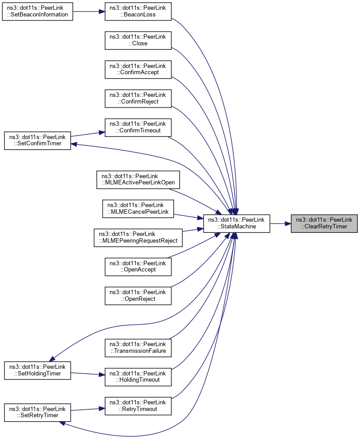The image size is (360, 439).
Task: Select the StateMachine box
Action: (x=236, y=223)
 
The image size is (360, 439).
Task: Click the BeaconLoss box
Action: (x=138, y=11)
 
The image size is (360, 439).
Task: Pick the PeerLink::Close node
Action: (x=138, y=40)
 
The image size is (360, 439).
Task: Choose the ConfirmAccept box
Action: (x=138, y=69)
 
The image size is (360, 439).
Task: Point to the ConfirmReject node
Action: (x=138, y=98)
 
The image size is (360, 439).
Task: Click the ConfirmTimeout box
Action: (x=138, y=127)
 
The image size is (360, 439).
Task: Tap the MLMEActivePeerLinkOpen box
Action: (x=138, y=180)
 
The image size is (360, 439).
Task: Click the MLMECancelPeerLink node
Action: (x=138, y=208)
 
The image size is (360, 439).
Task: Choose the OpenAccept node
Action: (x=138, y=266)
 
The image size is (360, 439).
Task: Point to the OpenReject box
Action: (x=138, y=295)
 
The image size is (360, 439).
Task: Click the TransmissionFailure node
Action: (x=138, y=347)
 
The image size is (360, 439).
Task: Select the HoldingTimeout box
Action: (x=138, y=376)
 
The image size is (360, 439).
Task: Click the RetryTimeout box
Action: (x=138, y=405)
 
